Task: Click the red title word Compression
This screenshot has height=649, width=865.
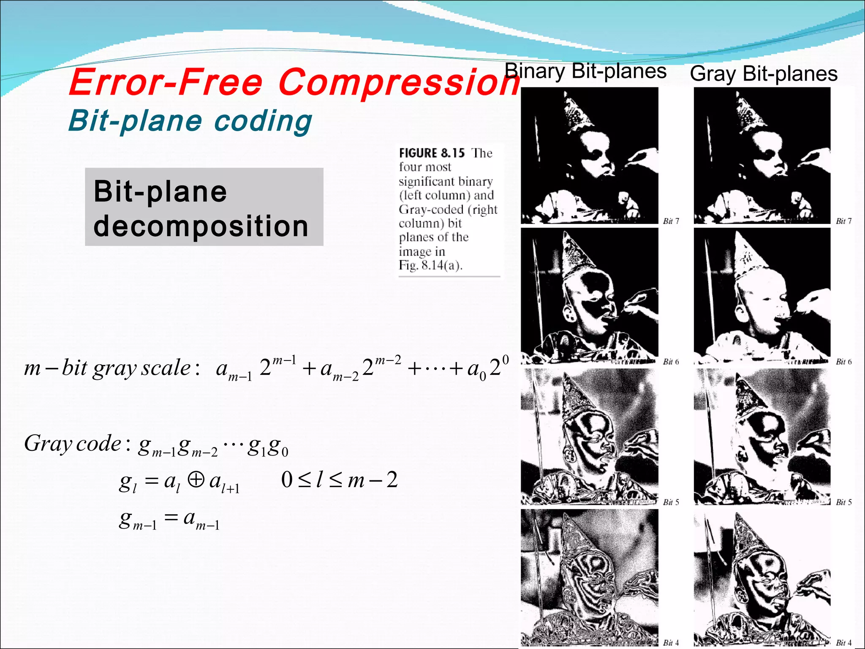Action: click(x=399, y=82)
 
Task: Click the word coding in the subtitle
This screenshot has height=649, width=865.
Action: click(x=263, y=121)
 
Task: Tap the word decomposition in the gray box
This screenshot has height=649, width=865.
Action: click(x=201, y=226)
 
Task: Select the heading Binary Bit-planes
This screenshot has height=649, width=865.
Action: click(x=585, y=71)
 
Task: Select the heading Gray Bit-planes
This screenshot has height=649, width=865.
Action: click(x=764, y=74)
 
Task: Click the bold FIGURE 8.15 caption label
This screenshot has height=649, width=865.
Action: click(x=432, y=153)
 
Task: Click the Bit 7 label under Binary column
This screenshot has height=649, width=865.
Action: click(x=671, y=221)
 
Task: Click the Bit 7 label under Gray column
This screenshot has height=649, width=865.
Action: click(x=844, y=221)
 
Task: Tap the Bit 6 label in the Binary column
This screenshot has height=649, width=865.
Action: click(x=671, y=362)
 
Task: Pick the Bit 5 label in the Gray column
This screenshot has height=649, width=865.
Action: click(x=844, y=502)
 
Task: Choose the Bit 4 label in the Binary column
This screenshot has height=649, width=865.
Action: click(x=671, y=643)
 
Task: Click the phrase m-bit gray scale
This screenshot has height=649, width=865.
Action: click(x=107, y=368)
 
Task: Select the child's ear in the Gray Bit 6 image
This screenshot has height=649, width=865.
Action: click(x=740, y=314)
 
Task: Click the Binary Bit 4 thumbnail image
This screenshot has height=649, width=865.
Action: click(x=590, y=577)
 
